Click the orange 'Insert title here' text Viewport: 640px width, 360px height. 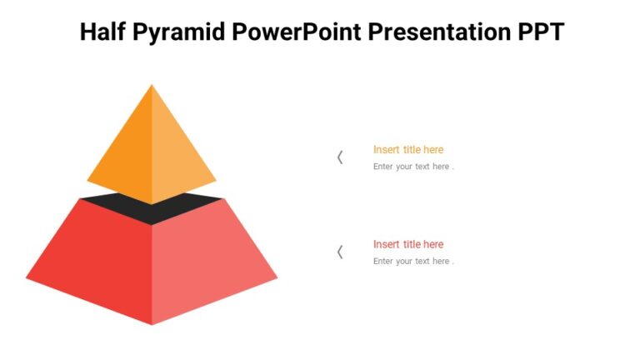[x=408, y=150]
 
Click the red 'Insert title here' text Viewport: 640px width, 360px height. [x=408, y=244]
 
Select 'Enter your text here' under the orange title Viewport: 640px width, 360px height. [x=413, y=167]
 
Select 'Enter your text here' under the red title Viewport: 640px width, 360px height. [x=413, y=262]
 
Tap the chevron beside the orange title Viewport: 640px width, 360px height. [x=340, y=157]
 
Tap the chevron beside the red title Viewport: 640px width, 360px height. [x=340, y=252]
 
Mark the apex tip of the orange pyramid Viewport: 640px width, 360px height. [x=152, y=85]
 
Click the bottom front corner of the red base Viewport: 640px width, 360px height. [x=152, y=323]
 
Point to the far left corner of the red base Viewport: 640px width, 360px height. [x=27, y=277]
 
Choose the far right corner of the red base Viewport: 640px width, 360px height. [x=276, y=277]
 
